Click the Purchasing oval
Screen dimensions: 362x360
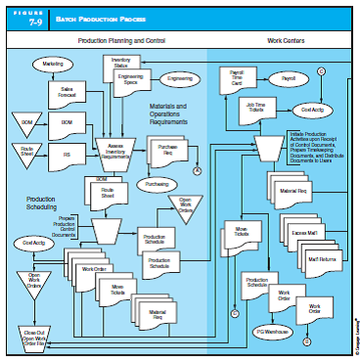click(157, 183)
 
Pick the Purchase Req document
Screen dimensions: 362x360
click(166, 150)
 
